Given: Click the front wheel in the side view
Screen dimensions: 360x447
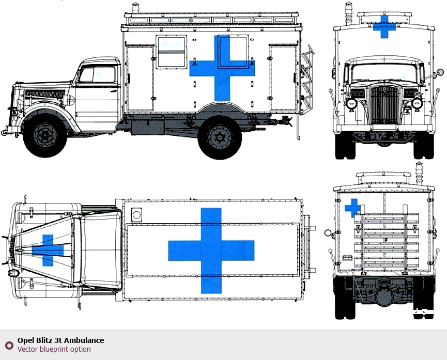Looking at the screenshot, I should tap(45, 135).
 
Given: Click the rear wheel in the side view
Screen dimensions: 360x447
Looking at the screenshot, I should tap(220, 137).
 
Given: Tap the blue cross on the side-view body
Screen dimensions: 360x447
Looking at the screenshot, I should tap(222, 68).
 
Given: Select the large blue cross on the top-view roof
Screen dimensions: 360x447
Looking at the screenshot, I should tap(211, 251).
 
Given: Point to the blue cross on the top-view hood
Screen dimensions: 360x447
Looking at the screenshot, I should tap(48, 250).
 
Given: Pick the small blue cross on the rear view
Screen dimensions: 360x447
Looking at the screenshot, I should tap(352, 207).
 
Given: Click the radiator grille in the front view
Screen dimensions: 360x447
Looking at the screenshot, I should tap(385, 105).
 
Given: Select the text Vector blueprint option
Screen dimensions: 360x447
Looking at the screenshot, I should tap(54, 349).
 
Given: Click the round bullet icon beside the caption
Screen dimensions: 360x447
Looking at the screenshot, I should tap(9, 345).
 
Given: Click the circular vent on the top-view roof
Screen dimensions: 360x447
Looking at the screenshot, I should tap(136, 214).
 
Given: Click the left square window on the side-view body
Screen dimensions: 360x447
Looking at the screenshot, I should tap(171, 51).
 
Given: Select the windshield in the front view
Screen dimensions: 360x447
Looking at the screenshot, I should tap(384, 71).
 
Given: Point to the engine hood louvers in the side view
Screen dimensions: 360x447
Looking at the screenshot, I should tap(45, 95).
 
